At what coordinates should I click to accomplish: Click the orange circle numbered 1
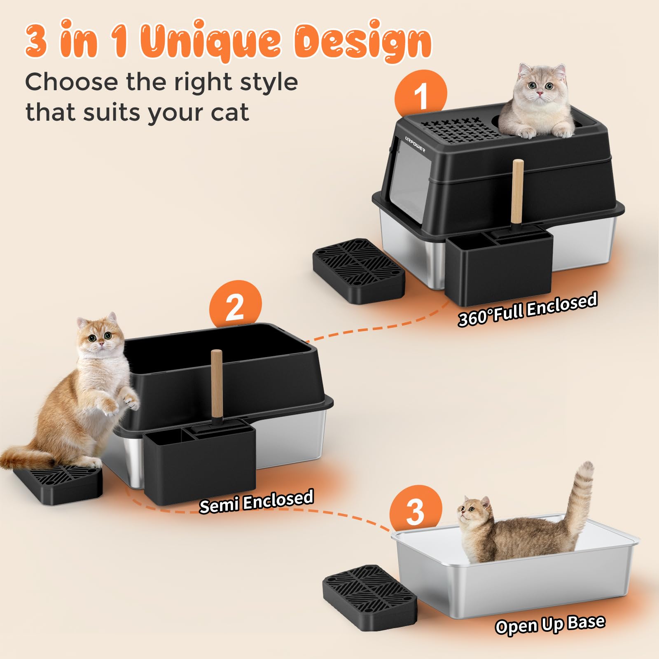pyautogui.click(x=420, y=96)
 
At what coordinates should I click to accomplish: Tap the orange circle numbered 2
pyautogui.click(x=235, y=306)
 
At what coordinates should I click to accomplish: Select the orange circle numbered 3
pyautogui.click(x=415, y=511)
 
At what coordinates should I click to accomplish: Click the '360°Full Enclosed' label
pyautogui.click(x=528, y=309)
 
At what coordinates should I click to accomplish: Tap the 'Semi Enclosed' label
pyautogui.click(x=256, y=501)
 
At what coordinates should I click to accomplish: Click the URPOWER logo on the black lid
pyautogui.click(x=415, y=144)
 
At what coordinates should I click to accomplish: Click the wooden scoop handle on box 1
pyautogui.click(x=517, y=191)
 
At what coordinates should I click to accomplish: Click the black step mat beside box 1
pyautogui.click(x=358, y=270)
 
